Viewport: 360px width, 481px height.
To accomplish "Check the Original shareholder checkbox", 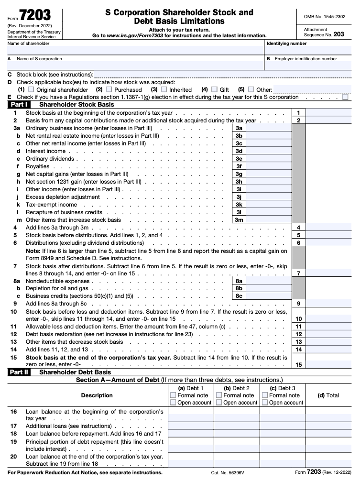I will (x=31, y=89).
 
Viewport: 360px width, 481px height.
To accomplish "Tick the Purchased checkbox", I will (x=109, y=89).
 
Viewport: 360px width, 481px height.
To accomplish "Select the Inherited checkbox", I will (x=164, y=89).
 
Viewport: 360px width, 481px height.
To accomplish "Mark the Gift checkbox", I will (x=214, y=89).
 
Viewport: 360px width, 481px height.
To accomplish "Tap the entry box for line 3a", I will (x=269, y=128).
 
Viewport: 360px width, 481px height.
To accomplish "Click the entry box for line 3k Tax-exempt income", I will (x=269, y=205).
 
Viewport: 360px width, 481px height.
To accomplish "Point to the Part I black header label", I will (x=20, y=104).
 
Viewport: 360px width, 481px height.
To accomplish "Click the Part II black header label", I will (x=20, y=372).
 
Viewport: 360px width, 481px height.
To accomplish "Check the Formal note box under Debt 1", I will (x=173, y=395).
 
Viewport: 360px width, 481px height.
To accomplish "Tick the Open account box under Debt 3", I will (x=265, y=403).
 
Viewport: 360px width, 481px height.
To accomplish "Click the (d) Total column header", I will (x=328, y=395).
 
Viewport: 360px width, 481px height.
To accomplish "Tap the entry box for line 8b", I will (x=269, y=289).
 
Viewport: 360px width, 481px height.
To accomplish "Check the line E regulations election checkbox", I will (x=345, y=97).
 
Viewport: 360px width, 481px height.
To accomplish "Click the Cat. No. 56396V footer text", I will (x=228, y=473).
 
